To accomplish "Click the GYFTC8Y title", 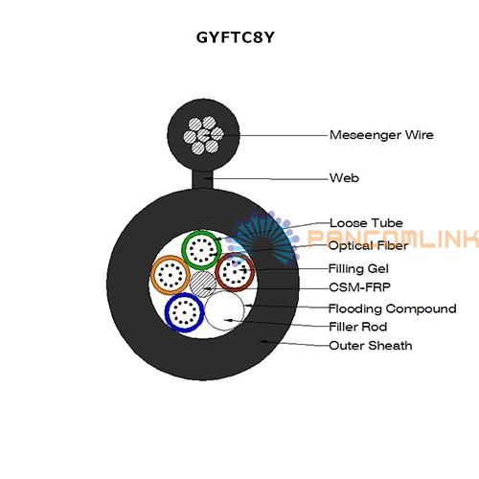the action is tap(236, 37).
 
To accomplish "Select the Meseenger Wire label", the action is tap(381, 135).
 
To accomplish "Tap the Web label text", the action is tap(344, 178).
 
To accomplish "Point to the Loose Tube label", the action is tap(366, 223).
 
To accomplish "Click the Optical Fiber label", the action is tap(368, 245).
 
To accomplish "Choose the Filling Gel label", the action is tap(358, 268).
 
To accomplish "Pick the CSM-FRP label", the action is tap(359, 287).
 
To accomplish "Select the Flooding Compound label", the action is tap(393, 308).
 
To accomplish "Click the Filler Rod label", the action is tap(358, 327).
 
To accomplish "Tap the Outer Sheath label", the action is tap(371, 346).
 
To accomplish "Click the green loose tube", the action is tap(183, 249).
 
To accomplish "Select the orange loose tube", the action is tap(152, 275).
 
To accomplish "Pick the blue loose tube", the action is tap(167, 312).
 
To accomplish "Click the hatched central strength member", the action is tap(203, 284).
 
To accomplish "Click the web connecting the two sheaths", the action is tap(202, 180).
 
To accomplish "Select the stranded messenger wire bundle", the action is tap(203, 135).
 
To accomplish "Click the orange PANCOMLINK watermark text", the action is tap(393, 238).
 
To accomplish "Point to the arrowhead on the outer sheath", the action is tap(264, 341).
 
